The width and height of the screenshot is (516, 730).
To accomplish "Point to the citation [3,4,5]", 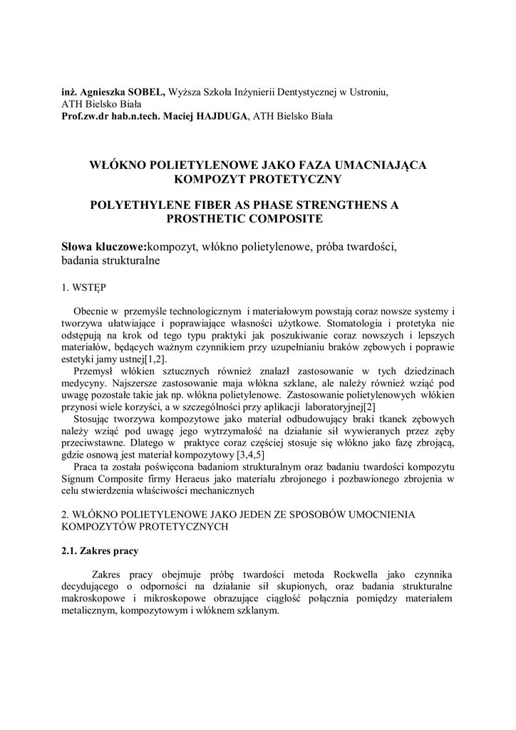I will pos(251,454).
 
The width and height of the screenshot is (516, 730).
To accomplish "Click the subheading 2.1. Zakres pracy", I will pos(100,550).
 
